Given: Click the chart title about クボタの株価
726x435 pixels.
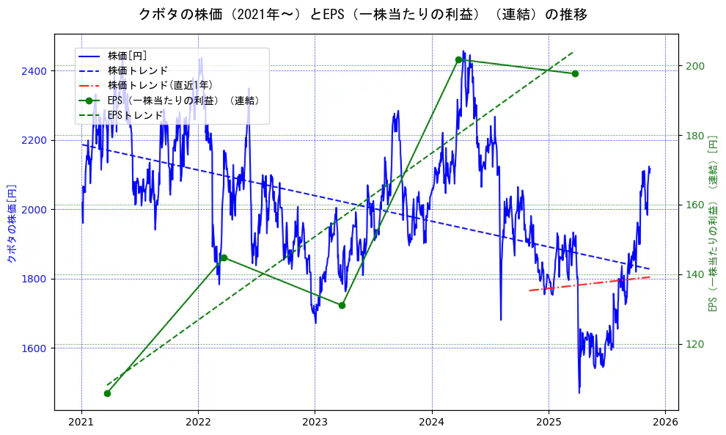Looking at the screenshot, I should tap(362, 14).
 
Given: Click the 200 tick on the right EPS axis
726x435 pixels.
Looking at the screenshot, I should tap(694, 66).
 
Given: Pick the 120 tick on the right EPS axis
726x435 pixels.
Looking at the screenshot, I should tap(694, 344).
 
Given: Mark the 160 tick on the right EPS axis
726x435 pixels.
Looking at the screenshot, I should tap(694, 205).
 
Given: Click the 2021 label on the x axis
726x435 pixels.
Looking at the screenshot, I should tap(81, 423).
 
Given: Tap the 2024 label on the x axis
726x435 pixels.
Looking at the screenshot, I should tap(432, 423).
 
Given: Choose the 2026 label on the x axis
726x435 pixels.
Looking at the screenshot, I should tap(665, 423).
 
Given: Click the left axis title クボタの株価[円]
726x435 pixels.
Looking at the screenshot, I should tap(11, 224).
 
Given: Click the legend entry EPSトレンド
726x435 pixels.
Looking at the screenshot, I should tap(135, 115).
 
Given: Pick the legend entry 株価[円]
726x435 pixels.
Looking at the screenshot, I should tap(127, 55).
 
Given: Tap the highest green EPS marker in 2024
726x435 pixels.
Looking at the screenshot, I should tap(458, 59).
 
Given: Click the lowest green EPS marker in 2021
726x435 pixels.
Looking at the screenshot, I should tap(107, 393).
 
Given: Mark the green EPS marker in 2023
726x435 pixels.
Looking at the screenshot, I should tap(342, 305).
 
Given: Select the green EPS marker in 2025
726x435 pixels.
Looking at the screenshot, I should tap(575, 73).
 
